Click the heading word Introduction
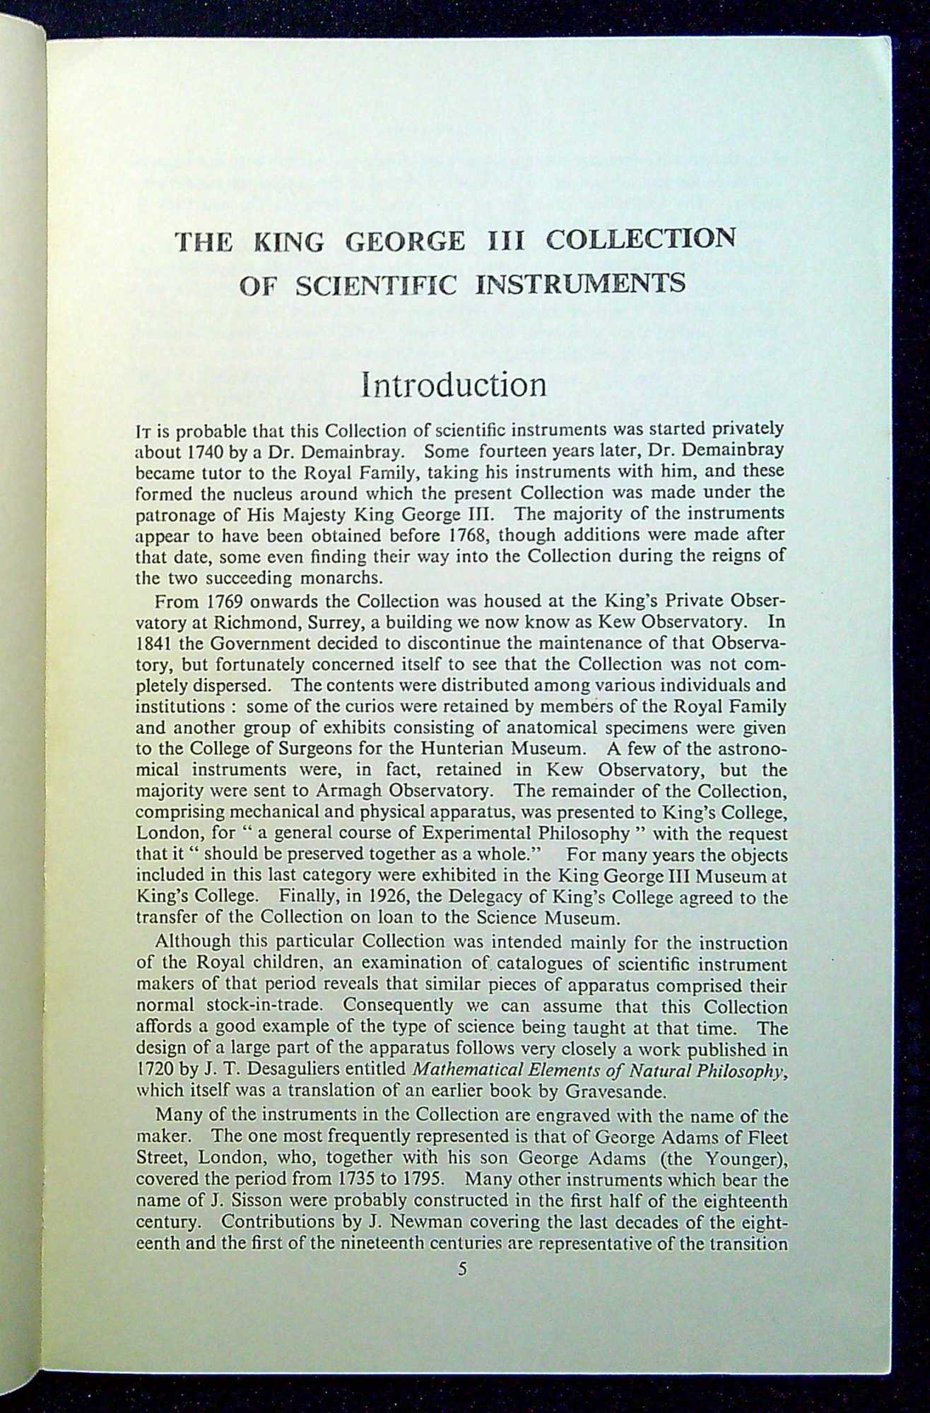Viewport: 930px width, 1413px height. pos(454,385)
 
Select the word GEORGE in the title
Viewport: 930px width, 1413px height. pos(406,242)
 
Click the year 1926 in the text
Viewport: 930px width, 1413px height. pos(398,897)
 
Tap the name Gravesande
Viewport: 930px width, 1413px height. pos(614,1092)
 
